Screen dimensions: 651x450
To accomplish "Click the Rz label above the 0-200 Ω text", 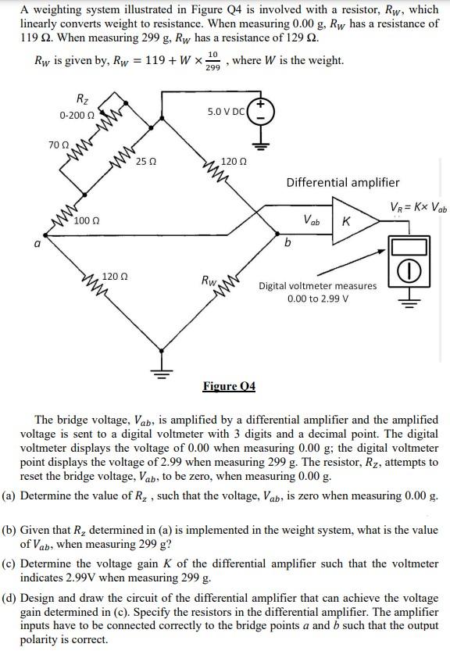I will coord(82,98).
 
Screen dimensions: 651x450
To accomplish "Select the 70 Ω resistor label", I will coord(58,145).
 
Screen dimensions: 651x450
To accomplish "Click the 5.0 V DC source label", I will coord(225,112).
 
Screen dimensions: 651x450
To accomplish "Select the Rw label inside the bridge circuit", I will coord(209,279).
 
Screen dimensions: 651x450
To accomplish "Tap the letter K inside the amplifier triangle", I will coord(345,221).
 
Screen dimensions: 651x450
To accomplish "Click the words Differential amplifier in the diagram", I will coord(342,182).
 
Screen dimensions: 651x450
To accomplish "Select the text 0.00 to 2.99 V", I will coord(318,299).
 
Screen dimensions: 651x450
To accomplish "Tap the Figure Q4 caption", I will coord(229,386).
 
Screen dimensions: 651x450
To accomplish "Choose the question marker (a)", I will coord(10,495).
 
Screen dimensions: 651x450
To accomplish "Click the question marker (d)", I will coord(10,599).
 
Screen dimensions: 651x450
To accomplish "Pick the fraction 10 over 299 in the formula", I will coord(212,61).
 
